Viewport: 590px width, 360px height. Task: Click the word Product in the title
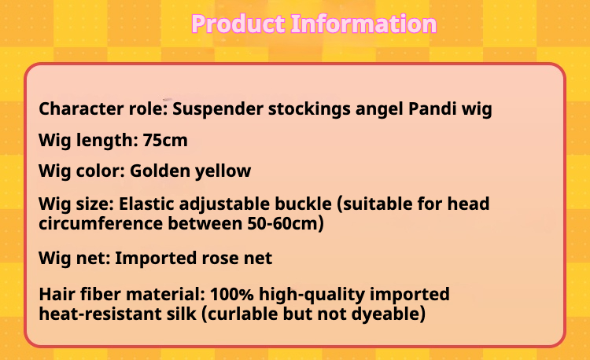(238, 24)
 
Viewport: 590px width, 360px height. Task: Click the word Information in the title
(364, 24)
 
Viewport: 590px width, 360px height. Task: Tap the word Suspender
(217, 109)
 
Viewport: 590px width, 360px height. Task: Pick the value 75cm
(165, 141)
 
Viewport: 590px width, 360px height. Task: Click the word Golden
(160, 171)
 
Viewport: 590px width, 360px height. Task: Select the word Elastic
(146, 204)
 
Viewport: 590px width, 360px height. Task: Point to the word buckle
(304, 204)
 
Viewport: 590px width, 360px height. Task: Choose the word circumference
(101, 223)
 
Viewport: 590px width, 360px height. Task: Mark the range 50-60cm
(286, 223)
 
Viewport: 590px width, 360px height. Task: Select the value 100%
(232, 294)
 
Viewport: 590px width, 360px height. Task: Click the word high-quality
(312, 295)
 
